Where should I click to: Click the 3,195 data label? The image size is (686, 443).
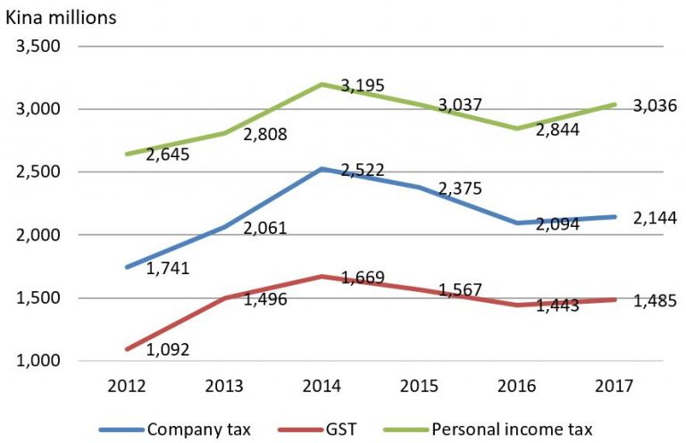tap(363, 86)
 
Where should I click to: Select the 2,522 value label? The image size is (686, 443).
tap(363, 170)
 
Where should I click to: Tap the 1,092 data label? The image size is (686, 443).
tap(168, 349)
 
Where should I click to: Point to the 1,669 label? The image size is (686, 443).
tap(363, 277)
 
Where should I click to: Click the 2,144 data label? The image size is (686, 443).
tap(655, 218)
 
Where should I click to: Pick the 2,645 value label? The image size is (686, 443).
tap(168, 155)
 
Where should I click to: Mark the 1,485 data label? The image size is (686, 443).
tap(655, 301)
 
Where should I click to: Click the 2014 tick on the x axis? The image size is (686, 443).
tap(322, 386)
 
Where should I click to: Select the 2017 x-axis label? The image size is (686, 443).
tap(614, 386)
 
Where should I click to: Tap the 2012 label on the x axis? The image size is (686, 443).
tap(127, 386)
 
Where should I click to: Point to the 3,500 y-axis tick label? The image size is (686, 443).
tap(38, 46)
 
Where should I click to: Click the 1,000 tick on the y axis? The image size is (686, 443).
tap(38, 361)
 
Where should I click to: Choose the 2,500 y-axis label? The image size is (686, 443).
tap(38, 171)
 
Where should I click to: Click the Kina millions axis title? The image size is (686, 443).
tap(61, 18)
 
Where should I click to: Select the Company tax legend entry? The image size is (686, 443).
tap(175, 430)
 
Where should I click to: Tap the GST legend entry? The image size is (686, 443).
tap(317, 430)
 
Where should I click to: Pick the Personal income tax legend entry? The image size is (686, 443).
tap(488, 430)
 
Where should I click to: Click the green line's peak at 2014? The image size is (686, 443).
tap(322, 84)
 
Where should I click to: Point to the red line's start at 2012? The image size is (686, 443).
tap(128, 349)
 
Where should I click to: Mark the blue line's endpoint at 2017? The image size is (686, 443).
tap(615, 217)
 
